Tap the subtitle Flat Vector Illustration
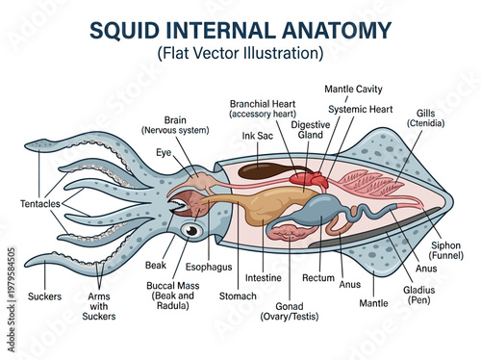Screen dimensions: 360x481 coord(240,52)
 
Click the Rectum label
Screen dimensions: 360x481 coord(318,278)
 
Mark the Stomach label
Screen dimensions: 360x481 coord(238,296)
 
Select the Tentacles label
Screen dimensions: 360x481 coord(39,205)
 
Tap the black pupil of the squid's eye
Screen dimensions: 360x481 coord(192,231)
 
